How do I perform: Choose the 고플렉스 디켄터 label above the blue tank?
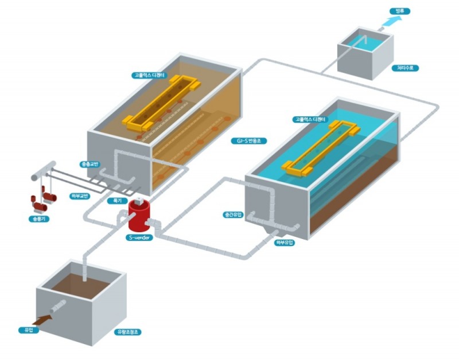(x=310, y=120)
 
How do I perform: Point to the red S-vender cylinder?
(x=140, y=216)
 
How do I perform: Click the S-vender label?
(x=139, y=237)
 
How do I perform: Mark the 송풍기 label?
(x=37, y=218)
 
